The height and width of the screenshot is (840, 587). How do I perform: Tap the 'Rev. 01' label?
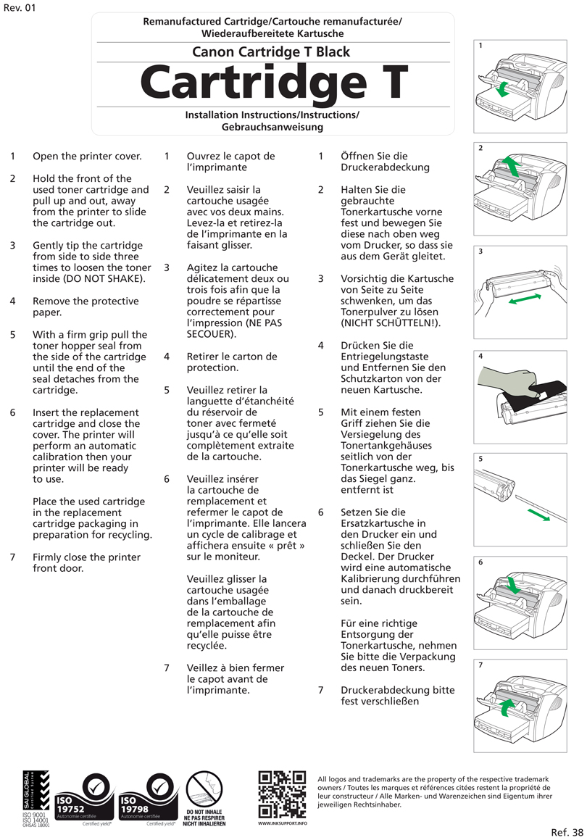[20, 9]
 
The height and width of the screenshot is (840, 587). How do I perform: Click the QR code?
[282, 794]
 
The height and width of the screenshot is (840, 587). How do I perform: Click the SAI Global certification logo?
[36, 797]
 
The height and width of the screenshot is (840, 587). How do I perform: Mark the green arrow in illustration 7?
[509, 704]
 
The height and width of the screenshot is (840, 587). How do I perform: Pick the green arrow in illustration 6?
[512, 585]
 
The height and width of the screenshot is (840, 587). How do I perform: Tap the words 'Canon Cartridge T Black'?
[271, 51]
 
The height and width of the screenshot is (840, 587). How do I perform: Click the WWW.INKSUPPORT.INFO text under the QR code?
[283, 823]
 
